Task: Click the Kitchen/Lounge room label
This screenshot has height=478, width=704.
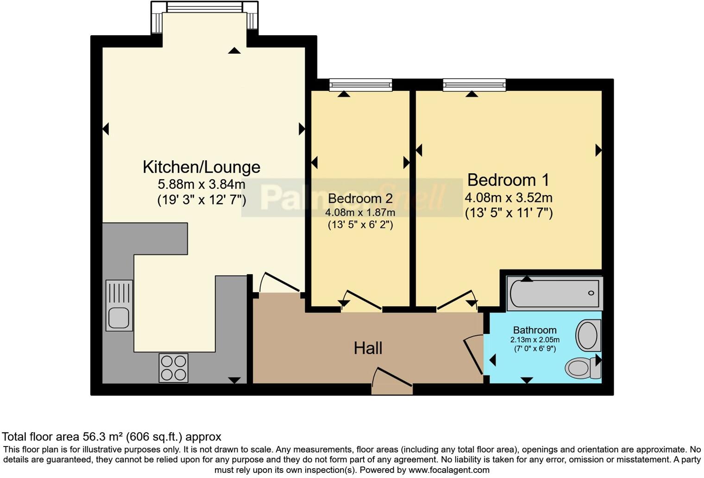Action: [201, 167]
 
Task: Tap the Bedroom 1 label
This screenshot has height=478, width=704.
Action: [508, 180]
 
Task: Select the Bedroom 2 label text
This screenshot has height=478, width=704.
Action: [360, 199]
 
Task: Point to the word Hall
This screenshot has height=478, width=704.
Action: [368, 348]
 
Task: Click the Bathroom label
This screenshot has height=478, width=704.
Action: [534, 330]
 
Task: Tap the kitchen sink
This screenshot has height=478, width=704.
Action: [119, 306]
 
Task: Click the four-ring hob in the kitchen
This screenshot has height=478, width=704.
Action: [173, 368]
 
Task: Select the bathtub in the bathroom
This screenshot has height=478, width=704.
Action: [554, 293]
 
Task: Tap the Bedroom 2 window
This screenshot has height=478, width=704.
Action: [360, 85]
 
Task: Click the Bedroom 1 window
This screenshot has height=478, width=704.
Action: [474, 85]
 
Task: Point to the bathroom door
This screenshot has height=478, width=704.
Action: [473, 354]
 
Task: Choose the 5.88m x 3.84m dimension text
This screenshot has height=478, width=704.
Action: [201, 184]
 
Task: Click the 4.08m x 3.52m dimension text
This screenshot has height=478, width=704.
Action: [508, 198]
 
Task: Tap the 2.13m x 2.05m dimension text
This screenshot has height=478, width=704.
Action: [534, 340]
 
